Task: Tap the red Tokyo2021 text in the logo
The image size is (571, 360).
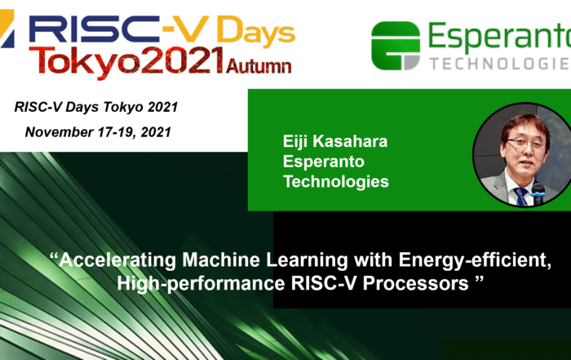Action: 126,61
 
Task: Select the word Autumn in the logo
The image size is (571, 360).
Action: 259,66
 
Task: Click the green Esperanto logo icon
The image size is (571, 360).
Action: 396,46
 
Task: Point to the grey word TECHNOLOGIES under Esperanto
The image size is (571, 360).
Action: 500,64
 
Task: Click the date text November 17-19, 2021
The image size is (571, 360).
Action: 98,132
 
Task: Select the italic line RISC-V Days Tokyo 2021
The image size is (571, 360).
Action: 96,107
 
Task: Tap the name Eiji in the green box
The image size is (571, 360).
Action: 295,142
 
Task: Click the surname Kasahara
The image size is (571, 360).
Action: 350,141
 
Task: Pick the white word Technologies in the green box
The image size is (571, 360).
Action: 336,181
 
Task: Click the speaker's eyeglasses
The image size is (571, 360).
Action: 525,144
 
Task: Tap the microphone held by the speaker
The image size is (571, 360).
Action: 538,193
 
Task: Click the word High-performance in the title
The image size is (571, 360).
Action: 201,283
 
